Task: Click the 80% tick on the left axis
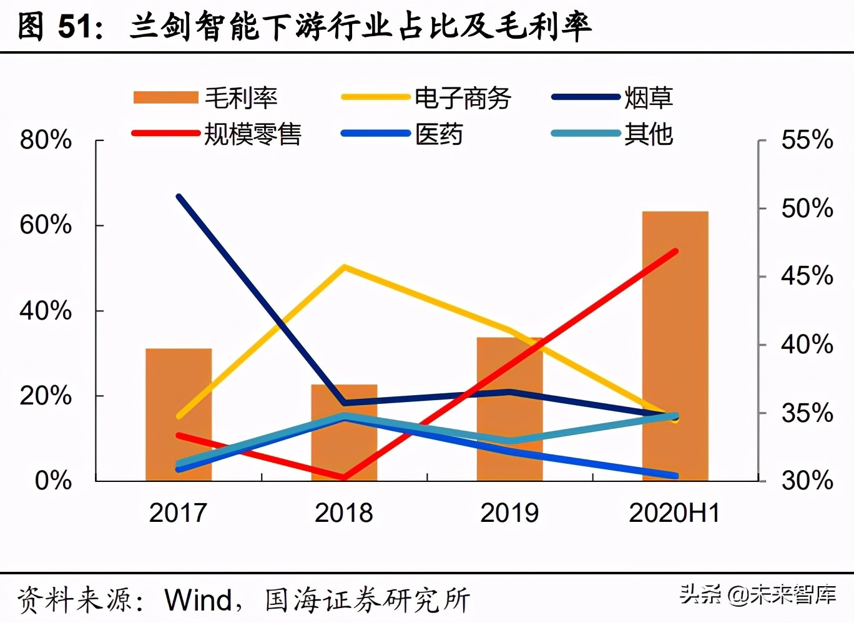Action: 46,140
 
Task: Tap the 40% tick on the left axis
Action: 46,311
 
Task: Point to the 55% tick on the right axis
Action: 807,140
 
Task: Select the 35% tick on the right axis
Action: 807,413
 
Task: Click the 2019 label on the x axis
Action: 509,513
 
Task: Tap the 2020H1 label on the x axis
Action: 675,513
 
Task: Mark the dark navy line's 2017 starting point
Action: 179,197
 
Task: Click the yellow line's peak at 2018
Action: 344,267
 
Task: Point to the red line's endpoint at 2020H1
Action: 675,251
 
